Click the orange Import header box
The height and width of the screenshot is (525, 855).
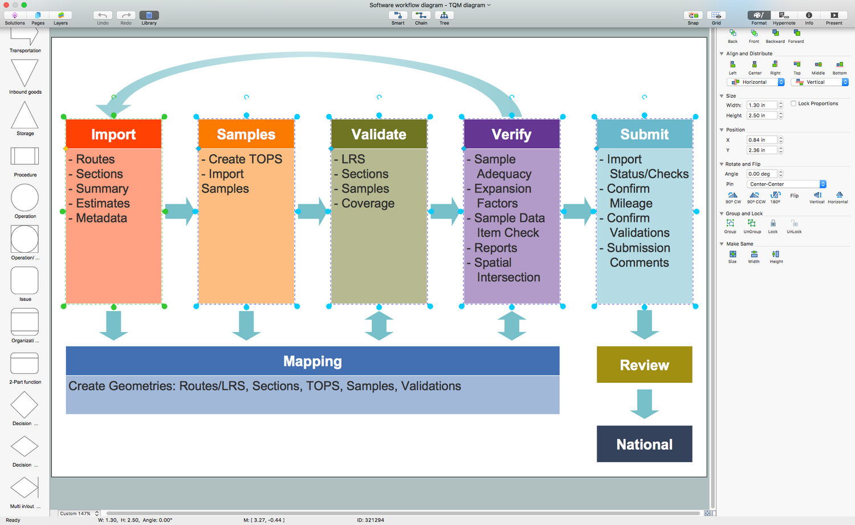113,134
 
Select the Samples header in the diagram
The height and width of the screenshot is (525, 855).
246,134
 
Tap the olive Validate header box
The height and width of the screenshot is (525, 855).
379,134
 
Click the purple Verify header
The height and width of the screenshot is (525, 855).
511,134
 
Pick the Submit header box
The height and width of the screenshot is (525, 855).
644,134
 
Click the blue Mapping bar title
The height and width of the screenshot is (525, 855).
312,361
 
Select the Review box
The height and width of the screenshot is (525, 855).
644,365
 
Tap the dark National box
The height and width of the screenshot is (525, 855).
644,444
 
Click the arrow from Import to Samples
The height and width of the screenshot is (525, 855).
181,211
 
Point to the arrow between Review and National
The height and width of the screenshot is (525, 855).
644,403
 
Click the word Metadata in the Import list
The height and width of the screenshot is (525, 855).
101,218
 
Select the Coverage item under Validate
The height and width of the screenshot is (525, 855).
368,203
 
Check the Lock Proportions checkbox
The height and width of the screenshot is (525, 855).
793,103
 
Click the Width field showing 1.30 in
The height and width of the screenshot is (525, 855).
762,105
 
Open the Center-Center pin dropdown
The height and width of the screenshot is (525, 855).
787,184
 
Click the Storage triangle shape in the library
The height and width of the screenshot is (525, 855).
25,116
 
